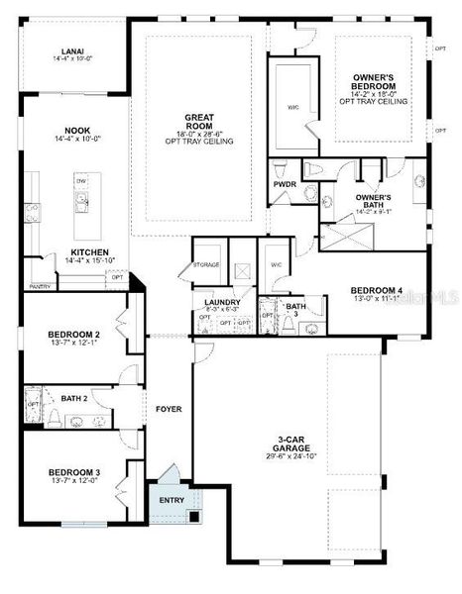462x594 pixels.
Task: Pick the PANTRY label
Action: coord(40,286)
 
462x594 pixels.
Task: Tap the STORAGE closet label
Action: coord(205,264)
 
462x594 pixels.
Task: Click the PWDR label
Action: coord(284,184)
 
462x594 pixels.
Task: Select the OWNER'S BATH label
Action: coord(373,199)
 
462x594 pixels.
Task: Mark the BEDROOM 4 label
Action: coord(375,290)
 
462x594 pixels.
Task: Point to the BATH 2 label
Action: coord(73,398)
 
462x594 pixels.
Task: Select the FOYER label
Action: coord(168,408)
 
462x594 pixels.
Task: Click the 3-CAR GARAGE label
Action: coord(298,444)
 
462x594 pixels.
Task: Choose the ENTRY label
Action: coord(172,500)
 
